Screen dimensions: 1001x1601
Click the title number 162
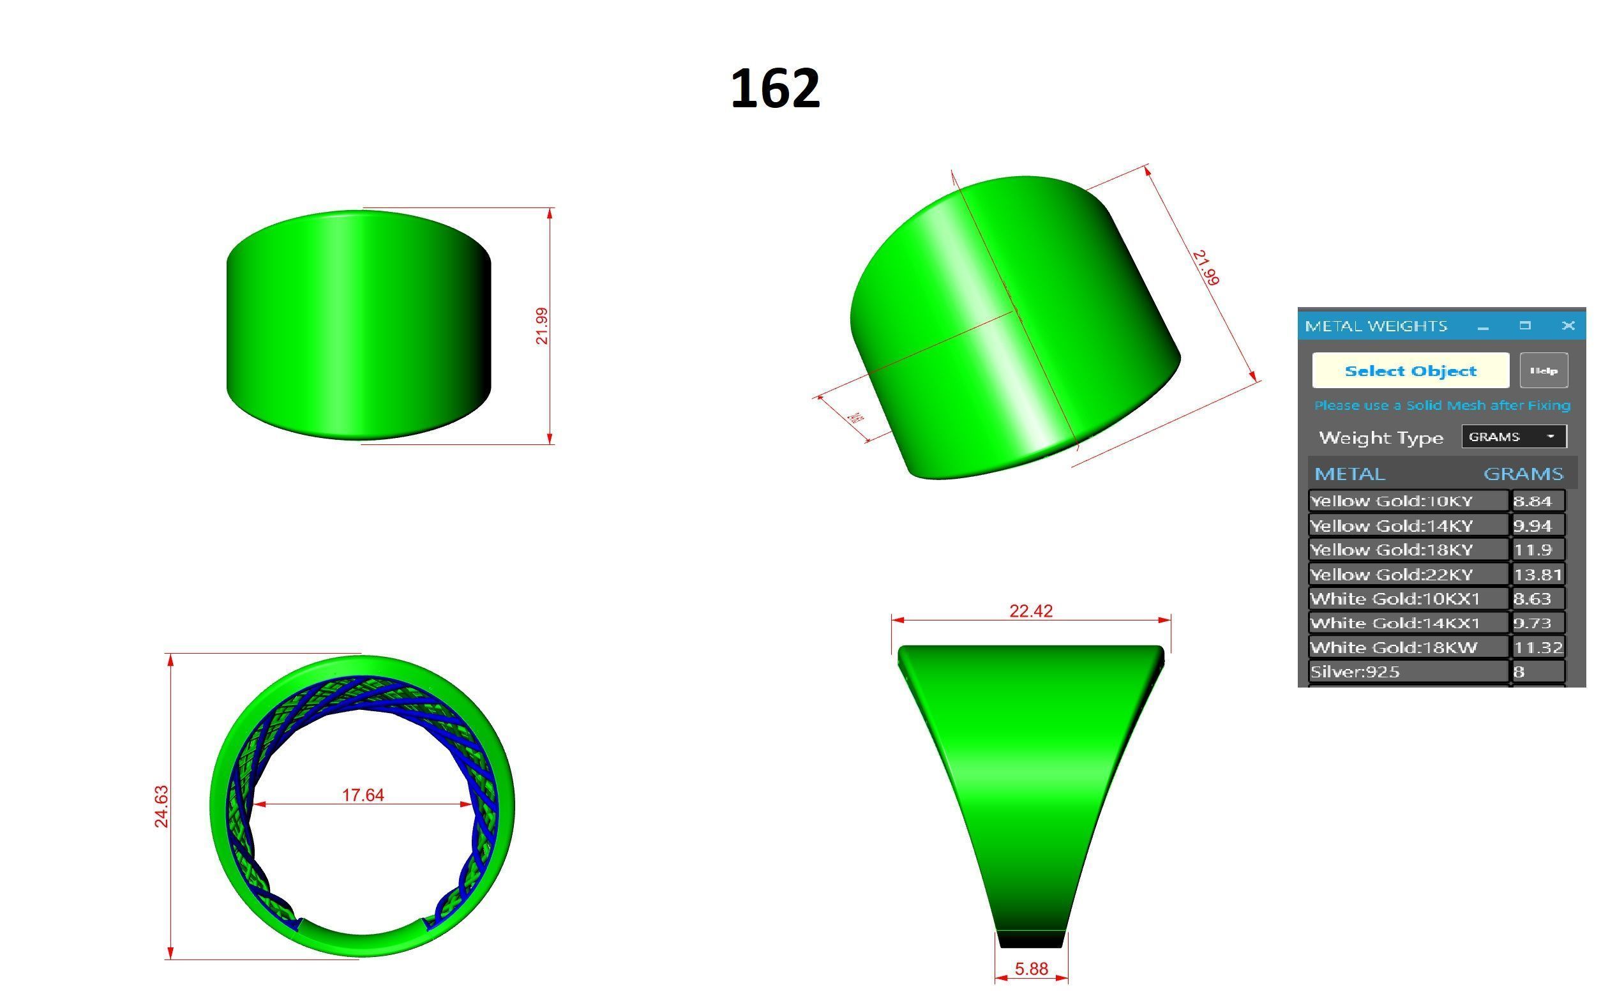tap(774, 89)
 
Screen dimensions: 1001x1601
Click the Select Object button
tap(1409, 371)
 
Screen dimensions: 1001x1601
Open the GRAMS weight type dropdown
tap(1513, 437)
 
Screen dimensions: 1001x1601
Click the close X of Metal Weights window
tap(1567, 326)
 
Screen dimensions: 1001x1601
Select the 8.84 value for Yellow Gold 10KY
tap(1537, 501)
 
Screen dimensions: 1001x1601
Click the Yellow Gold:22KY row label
tap(1391, 575)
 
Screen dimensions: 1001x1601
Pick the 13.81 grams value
tap(1537, 575)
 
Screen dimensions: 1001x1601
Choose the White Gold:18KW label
tap(1393, 647)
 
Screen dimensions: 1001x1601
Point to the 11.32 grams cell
tap(1537, 647)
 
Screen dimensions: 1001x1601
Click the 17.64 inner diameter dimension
tap(363, 794)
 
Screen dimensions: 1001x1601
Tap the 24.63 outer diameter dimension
tap(162, 806)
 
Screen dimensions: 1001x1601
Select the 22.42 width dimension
tap(1030, 611)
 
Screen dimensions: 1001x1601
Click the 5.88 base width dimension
tap(1030, 969)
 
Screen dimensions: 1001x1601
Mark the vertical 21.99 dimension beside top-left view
tap(542, 326)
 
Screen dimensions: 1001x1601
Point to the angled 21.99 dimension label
tap(1205, 268)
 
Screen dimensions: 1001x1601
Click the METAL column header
tap(1349, 474)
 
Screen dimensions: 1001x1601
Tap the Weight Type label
tap(1381, 437)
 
